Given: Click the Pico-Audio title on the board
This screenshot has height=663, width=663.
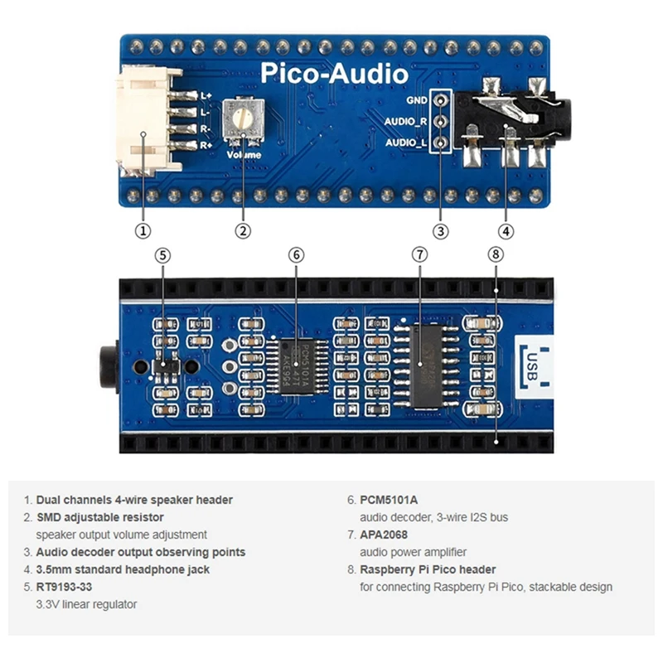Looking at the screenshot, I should (x=335, y=74).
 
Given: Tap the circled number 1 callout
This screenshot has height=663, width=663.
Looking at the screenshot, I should (x=143, y=231).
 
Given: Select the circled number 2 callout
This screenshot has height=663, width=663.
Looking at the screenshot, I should (x=243, y=231).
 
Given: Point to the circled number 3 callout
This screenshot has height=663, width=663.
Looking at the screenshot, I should (x=440, y=231).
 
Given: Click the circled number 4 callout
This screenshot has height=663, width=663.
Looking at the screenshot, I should (x=506, y=231).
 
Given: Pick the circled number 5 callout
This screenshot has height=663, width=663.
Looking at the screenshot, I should (x=163, y=255).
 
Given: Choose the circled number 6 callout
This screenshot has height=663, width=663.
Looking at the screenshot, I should (x=297, y=255).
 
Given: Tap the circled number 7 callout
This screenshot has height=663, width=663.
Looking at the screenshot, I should (x=420, y=255).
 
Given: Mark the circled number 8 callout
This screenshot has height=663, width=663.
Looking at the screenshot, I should (x=496, y=255).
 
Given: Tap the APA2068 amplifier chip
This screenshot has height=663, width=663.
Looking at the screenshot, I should (x=425, y=365).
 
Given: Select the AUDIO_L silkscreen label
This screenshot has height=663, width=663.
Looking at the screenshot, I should (x=406, y=143).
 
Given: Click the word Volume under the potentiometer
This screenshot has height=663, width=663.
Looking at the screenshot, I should (x=243, y=154).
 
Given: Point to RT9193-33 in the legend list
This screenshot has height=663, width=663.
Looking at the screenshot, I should (x=64, y=587).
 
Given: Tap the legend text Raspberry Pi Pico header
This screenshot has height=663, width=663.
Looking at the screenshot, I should (x=428, y=569).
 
